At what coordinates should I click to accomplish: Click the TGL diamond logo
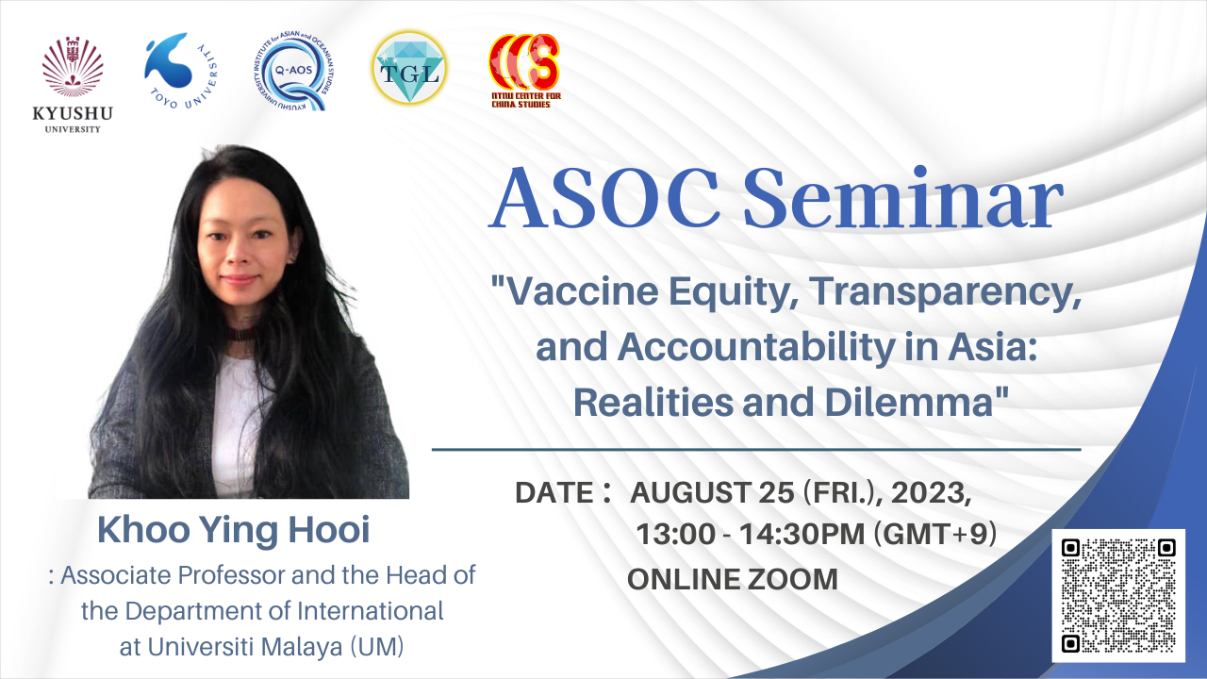(409, 69)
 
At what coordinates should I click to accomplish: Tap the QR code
(1118, 595)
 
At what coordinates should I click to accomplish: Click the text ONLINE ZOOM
(733, 578)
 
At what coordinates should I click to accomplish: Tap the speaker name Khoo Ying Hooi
(234, 530)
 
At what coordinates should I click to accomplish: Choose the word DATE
(553, 492)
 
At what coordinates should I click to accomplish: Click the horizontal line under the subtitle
(755, 450)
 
